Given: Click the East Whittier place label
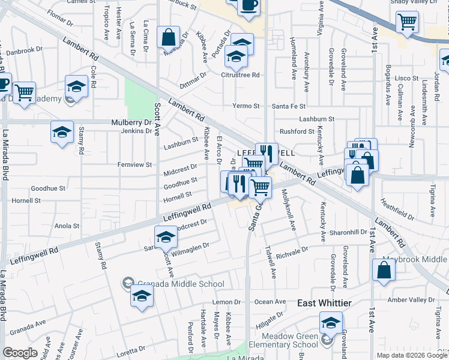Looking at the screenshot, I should point(325,304).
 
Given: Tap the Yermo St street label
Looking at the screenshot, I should point(246,106).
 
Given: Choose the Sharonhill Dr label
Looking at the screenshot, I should point(348,232).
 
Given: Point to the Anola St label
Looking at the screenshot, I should point(67,226).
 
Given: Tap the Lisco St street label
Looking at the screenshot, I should point(406,79).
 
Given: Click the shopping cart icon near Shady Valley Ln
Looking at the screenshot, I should point(407,23).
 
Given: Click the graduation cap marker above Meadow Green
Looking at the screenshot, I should point(331,322).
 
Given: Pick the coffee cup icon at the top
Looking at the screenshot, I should point(249,5).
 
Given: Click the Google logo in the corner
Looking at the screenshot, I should point(20,353).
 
